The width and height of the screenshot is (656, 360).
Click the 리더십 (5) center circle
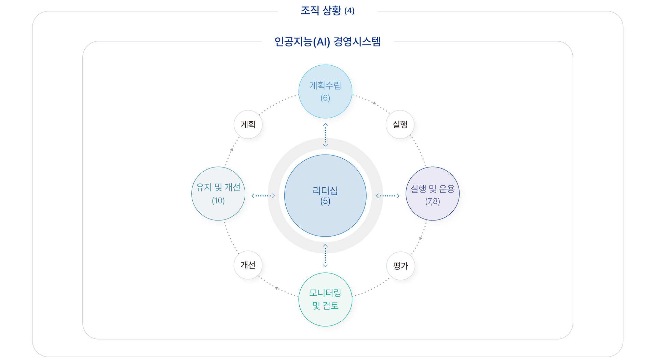click(325, 196)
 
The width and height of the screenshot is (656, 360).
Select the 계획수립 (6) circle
click(325, 91)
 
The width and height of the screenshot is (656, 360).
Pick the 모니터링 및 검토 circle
click(325, 299)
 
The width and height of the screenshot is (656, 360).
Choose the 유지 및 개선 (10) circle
click(218, 194)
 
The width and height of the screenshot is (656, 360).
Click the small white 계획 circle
click(248, 124)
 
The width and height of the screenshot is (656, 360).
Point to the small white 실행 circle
click(400, 124)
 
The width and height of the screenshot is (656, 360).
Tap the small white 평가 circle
click(400, 266)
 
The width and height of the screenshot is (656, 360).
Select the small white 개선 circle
click(248, 265)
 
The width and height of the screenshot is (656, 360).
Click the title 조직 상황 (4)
click(327, 11)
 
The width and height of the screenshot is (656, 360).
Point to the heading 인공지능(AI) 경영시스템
click(327, 42)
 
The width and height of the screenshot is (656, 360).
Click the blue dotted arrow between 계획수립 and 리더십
click(325, 135)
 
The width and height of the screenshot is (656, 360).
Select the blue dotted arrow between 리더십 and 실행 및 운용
click(388, 196)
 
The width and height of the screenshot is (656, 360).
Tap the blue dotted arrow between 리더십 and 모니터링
click(325, 255)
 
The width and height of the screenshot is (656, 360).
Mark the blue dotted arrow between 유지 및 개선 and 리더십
click(263, 196)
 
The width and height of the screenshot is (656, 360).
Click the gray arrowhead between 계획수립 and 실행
click(374, 103)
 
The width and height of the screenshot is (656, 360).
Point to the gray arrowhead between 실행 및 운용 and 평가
click(421, 238)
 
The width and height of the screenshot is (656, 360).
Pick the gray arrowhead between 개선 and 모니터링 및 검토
click(276, 288)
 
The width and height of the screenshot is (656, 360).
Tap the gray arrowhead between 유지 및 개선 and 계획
click(232, 150)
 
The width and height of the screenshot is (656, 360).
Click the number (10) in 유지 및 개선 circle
click(218, 201)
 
